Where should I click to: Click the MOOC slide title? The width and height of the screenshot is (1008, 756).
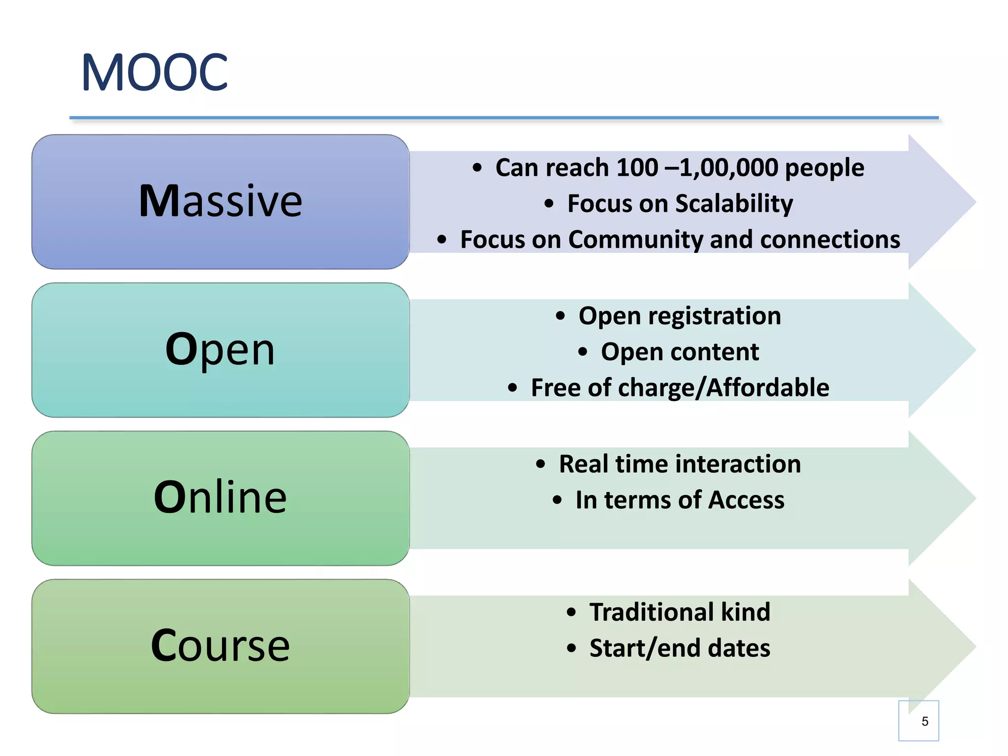(155, 73)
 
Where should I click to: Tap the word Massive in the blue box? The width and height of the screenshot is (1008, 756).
(220, 201)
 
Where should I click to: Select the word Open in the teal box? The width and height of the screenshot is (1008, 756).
(220, 349)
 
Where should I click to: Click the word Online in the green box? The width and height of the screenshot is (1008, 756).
(220, 497)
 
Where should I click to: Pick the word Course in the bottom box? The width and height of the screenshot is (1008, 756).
(220, 645)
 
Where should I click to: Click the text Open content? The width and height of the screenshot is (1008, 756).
(680, 352)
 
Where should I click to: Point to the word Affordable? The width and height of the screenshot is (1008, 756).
(768, 388)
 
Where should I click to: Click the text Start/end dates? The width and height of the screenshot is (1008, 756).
(680, 648)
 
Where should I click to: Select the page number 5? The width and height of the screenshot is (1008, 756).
(925, 722)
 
